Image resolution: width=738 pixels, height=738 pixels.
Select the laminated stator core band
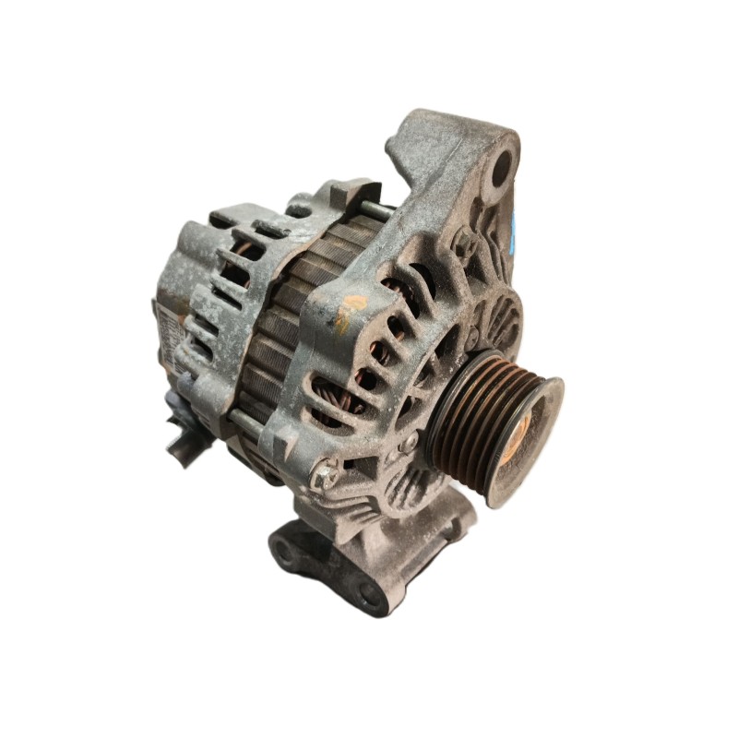click(x=277, y=323)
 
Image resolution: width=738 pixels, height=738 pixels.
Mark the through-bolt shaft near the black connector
click(x=238, y=420)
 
